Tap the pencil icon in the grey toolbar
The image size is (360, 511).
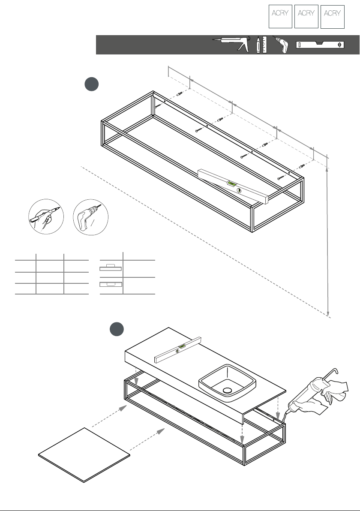[258, 45]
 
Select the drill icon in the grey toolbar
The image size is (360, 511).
[281, 45]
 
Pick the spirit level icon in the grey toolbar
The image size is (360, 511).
[320, 45]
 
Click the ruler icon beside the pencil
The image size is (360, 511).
[264, 45]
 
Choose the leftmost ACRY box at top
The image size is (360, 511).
[280, 17]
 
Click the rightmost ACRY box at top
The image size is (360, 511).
[332, 17]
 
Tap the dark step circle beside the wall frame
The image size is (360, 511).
[92, 84]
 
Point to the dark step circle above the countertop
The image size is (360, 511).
[117, 329]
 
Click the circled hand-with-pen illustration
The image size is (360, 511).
[46, 216]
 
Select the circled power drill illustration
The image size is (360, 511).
[90, 217]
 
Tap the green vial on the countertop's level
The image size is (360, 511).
[182, 346]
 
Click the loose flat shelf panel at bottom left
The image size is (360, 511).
[84, 455]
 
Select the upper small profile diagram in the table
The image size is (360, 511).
[111, 268]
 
